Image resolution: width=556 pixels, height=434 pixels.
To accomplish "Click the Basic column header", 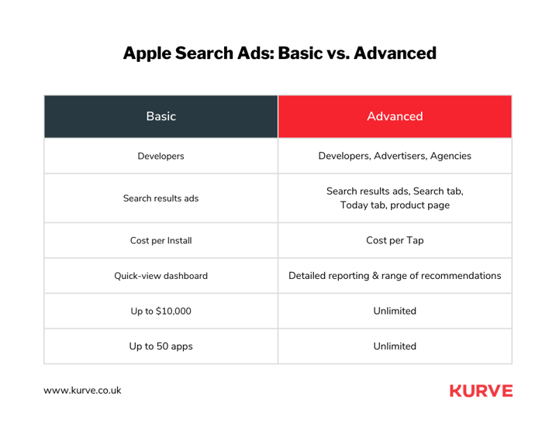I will (161, 116).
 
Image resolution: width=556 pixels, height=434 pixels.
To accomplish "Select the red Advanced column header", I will (395, 116).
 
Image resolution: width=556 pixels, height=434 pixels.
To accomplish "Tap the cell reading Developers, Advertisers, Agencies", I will (395, 156).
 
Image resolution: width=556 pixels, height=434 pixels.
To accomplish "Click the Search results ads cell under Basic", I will (161, 198).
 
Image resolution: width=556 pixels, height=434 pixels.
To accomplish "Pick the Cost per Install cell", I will (161, 240).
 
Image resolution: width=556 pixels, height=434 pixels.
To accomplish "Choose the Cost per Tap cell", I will (395, 240).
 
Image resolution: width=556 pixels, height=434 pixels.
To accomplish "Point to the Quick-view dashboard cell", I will (161, 275).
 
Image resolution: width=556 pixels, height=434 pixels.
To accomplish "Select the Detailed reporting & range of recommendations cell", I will (395, 275).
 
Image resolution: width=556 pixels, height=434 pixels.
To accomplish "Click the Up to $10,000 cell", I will (161, 311).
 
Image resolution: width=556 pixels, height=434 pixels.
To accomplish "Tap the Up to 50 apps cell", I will (161, 346).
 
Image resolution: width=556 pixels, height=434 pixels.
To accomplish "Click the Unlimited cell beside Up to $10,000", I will (395, 311).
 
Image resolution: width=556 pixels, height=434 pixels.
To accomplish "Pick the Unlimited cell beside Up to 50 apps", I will (395, 346).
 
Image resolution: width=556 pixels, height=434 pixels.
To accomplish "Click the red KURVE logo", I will (481, 391).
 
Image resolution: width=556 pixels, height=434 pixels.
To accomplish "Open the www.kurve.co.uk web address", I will (82, 391).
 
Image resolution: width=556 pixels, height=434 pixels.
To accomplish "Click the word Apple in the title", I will (148, 53).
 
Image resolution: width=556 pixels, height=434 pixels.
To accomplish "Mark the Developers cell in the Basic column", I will (161, 156).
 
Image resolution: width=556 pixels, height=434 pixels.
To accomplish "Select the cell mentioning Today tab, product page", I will (395, 198).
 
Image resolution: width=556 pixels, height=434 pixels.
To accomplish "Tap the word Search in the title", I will (208, 53).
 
